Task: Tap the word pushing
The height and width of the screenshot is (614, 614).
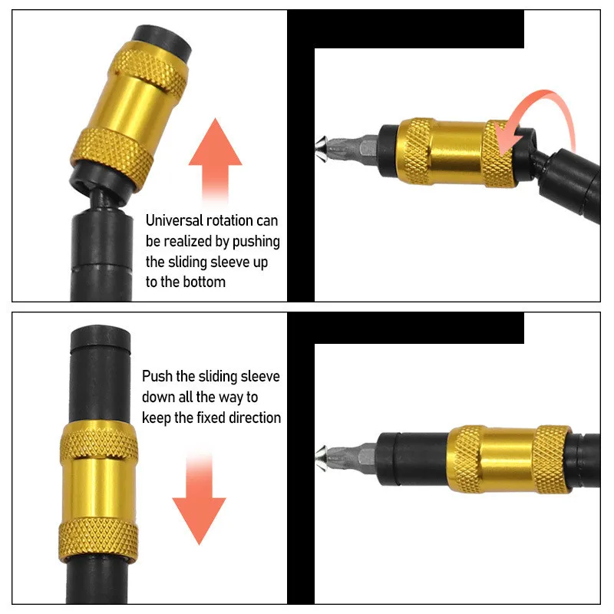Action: [257, 242]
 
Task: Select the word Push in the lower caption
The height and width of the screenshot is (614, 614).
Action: [157, 377]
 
